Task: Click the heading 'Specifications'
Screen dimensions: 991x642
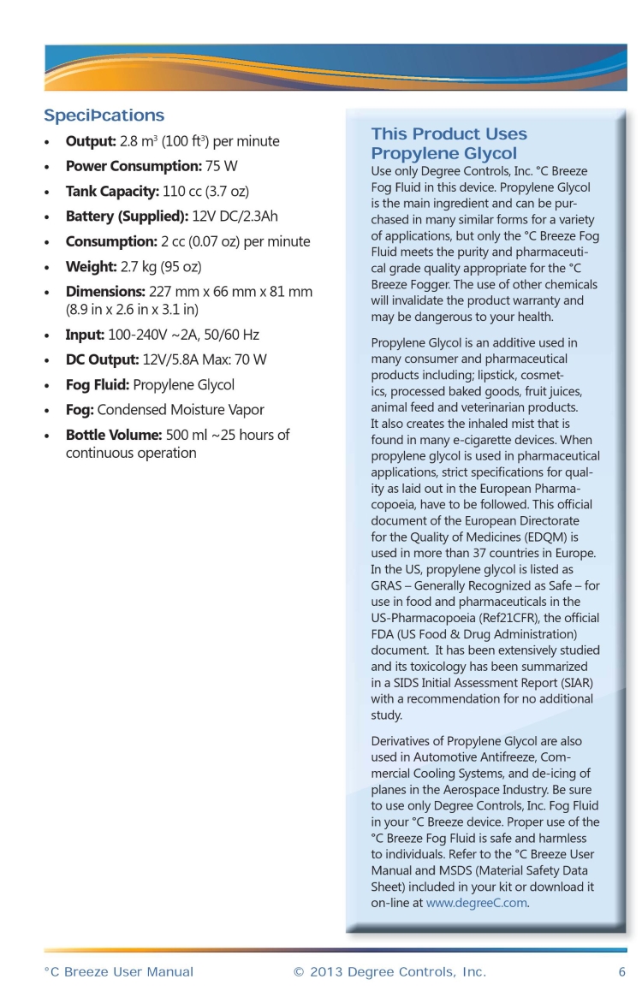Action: click(104, 116)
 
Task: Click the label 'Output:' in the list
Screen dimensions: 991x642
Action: click(91, 141)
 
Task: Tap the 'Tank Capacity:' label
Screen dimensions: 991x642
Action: click(112, 191)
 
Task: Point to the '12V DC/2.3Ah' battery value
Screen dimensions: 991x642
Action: click(235, 217)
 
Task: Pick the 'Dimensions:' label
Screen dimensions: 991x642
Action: click(105, 292)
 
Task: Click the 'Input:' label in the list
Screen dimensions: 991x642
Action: click(85, 335)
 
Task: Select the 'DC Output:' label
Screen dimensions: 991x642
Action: click(102, 359)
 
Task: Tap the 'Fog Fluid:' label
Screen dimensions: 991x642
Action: click(98, 385)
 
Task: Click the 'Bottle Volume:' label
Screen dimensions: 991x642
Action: click(114, 435)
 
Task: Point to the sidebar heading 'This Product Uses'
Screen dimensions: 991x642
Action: click(449, 134)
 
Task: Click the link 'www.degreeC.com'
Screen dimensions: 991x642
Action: click(477, 902)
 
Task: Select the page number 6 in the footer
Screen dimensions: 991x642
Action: click(621, 972)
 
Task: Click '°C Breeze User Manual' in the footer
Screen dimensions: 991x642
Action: click(118, 972)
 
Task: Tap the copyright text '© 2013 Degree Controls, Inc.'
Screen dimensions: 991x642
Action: click(389, 972)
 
